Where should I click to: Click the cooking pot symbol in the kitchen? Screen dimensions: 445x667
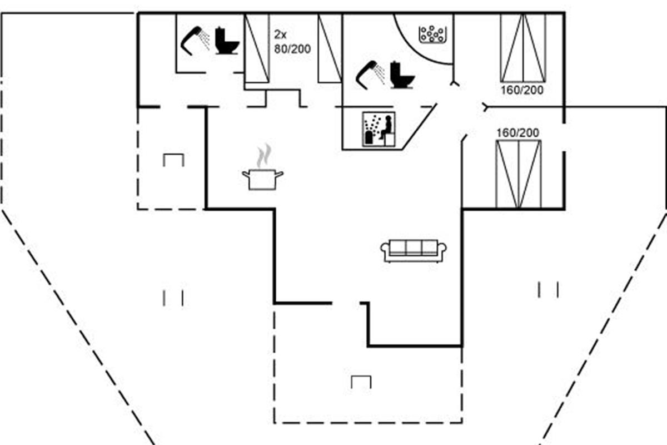(262, 180)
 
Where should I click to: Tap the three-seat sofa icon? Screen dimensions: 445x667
(415, 250)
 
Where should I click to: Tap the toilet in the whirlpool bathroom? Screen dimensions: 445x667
(402, 75)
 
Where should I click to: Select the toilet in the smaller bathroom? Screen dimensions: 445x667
(227, 41)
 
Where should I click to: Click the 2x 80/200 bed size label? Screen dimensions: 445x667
(292, 42)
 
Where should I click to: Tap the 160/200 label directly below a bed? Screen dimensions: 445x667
(521, 90)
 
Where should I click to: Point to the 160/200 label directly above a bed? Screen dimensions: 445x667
(517, 133)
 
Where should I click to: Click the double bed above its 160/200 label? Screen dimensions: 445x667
(523, 47)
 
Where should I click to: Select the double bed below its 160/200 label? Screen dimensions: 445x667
(518, 174)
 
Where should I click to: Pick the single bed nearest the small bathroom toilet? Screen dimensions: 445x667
(257, 48)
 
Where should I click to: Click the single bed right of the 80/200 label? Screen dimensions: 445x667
(330, 48)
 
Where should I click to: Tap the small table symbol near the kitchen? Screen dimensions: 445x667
(173, 160)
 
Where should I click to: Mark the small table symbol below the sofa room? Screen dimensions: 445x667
(361, 382)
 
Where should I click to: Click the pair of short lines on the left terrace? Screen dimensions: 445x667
(173, 298)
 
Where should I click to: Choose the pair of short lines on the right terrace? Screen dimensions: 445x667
(548, 289)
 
